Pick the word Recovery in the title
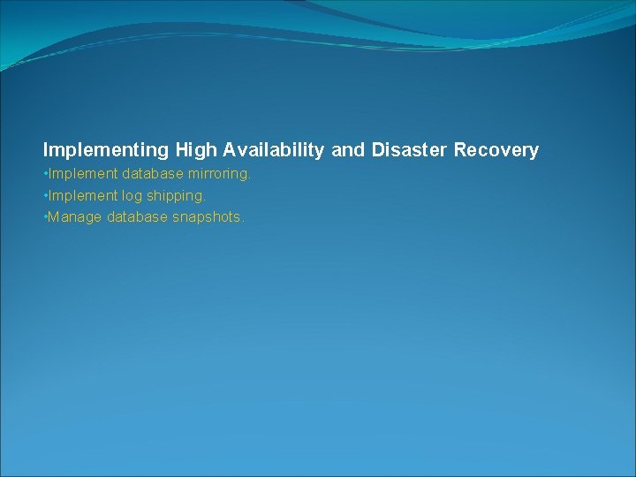coord(496,150)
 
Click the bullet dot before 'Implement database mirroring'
coord(45,174)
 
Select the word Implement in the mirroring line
coord(82,174)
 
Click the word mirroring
coord(218,174)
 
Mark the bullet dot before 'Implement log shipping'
coord(45,195)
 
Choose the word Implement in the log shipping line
coord(82,195)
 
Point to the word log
coord(132,196)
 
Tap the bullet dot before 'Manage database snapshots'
coord(45,216)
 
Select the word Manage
coord(75,217)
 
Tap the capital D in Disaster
coord(378,150)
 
